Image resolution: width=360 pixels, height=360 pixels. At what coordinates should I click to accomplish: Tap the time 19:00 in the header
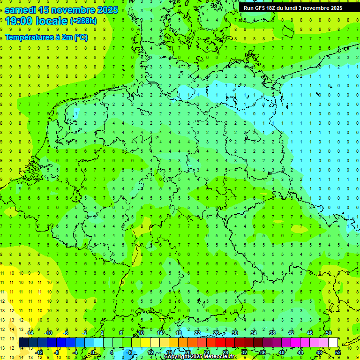click(22, 21)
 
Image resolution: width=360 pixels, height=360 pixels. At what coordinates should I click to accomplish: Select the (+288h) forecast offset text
click(83, 21)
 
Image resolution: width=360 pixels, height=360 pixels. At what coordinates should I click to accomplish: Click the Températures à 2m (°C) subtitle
click(46, 37)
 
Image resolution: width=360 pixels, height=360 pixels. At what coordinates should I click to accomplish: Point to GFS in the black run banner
click(259, 8)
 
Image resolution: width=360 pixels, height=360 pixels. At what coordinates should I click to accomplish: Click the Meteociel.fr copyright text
click(199, 356)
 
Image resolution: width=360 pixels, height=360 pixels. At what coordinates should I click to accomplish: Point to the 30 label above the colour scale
click(234, 333)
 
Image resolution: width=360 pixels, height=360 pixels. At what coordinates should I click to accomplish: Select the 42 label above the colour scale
click(291, 333)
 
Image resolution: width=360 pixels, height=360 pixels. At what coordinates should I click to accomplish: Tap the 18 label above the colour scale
click(178, 333)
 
